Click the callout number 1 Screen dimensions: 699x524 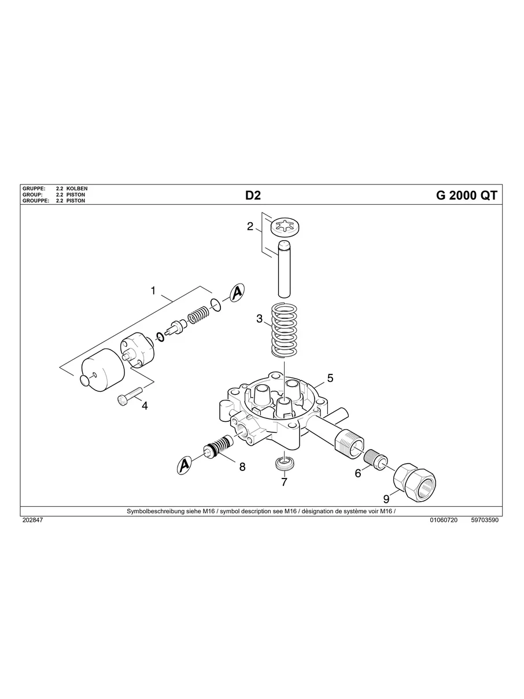153,290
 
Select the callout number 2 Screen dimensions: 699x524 250,226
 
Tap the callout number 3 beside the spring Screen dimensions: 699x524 260,318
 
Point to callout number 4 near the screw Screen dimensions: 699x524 145,406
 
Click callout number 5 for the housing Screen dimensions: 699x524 330,378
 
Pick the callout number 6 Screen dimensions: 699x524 358,473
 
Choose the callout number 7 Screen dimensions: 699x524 284,482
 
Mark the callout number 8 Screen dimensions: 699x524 242,466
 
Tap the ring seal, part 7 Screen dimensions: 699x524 284,463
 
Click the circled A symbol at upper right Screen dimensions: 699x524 237,293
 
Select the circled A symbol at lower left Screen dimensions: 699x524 184,465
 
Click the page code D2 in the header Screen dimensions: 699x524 253,196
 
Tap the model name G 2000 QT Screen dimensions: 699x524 466,196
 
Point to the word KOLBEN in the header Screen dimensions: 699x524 77,189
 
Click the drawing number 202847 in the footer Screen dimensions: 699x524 32,520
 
